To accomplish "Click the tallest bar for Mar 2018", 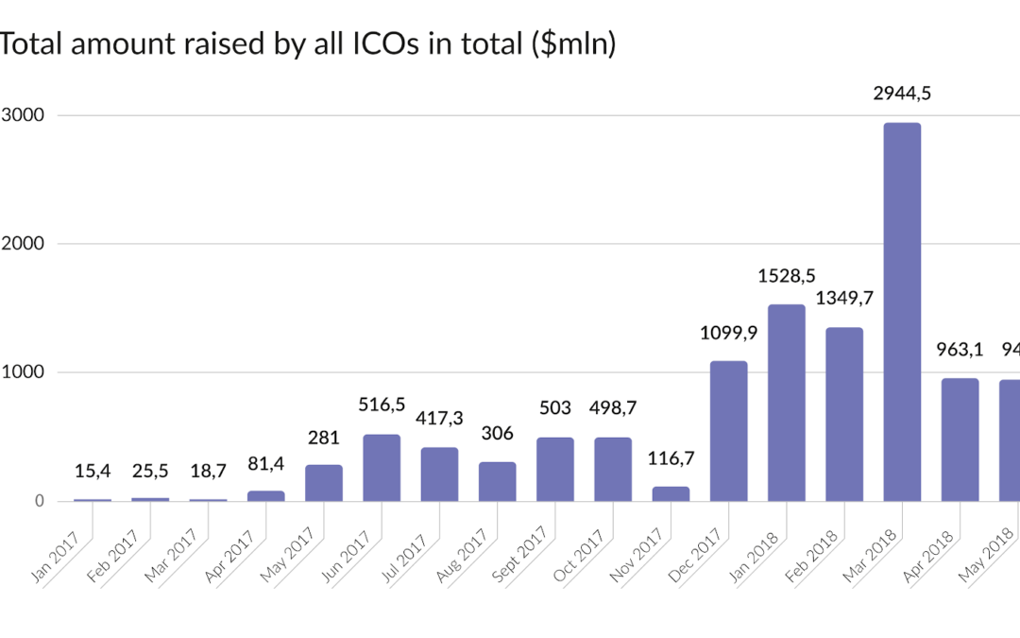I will [902, 312].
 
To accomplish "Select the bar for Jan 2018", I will [787, 403].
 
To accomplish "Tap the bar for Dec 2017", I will [728, 431].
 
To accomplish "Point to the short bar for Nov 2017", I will [671, 493].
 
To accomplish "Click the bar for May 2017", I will [324, 483].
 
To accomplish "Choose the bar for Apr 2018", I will [960, 440].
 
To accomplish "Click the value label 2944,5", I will [902, 94].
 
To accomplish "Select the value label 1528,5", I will [787, 276].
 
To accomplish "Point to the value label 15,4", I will [93, 471].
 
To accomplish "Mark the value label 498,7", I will [613, 409].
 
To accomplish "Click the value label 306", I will [498, 434].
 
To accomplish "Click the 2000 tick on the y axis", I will [23, 244].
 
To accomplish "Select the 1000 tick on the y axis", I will [23, 372].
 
